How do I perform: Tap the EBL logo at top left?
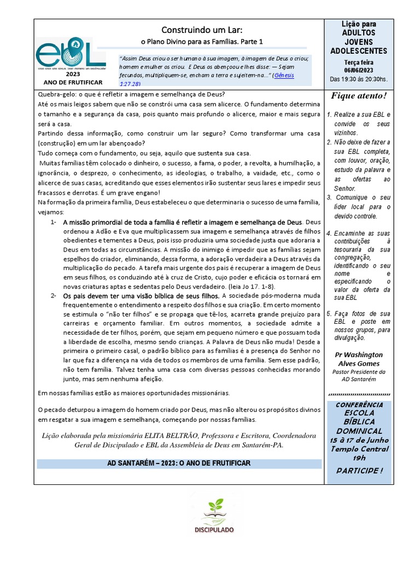(70, 53)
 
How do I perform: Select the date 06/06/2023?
(358, 70)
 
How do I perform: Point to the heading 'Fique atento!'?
(358, 96)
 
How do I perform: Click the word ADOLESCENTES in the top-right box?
(358, 51)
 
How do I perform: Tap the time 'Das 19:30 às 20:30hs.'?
(358, 79)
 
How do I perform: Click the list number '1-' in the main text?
(54, 222)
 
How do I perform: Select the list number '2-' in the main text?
(54, 296)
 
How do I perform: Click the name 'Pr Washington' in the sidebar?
(358, 354)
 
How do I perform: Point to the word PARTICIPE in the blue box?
(356, 471)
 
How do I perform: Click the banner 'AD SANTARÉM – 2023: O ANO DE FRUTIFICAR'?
(179, 463)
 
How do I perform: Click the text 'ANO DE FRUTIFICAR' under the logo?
(72, 82)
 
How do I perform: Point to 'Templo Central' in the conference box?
(358, 449)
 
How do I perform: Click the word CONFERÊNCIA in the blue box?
(359, 404)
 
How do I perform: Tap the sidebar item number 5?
(329, 314)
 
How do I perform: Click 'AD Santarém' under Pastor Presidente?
(358, 379)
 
